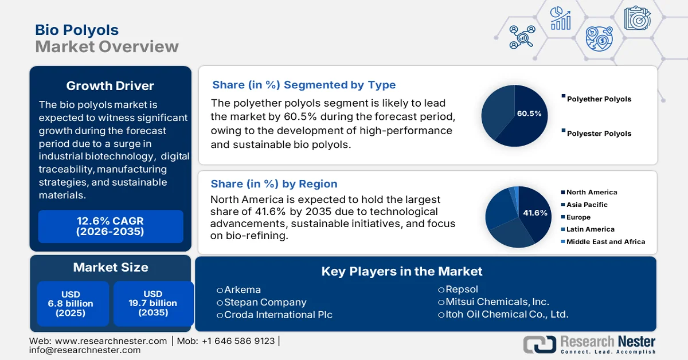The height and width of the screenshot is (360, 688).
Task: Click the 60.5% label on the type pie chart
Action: point(529,114)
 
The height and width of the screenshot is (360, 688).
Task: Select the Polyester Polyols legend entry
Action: point(599,134)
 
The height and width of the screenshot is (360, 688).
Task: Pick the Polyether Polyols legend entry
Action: point(599,99)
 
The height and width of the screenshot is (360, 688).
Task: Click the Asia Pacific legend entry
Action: point(587,205)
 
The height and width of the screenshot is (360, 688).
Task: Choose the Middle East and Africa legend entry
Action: point(605,242)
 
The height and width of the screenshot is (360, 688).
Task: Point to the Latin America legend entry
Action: point(590,229)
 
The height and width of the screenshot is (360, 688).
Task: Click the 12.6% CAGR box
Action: point(110,226)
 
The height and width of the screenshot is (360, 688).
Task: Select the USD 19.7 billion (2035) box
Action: point(153,304)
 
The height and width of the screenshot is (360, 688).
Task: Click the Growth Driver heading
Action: point(110,86)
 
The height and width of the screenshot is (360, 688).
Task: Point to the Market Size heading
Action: point(110,267)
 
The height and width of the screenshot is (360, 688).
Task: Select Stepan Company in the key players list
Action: point(265,302)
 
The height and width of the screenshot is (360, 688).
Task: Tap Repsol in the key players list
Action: point(462,289)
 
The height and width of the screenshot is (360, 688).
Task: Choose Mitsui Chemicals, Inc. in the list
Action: point(497,302)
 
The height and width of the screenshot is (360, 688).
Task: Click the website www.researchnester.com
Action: point(116,341)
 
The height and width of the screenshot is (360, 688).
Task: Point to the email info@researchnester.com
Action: point(85,350)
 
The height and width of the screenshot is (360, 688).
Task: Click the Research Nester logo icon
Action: point(539,344)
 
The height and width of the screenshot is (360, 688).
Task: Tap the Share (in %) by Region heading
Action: point(274,184)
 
